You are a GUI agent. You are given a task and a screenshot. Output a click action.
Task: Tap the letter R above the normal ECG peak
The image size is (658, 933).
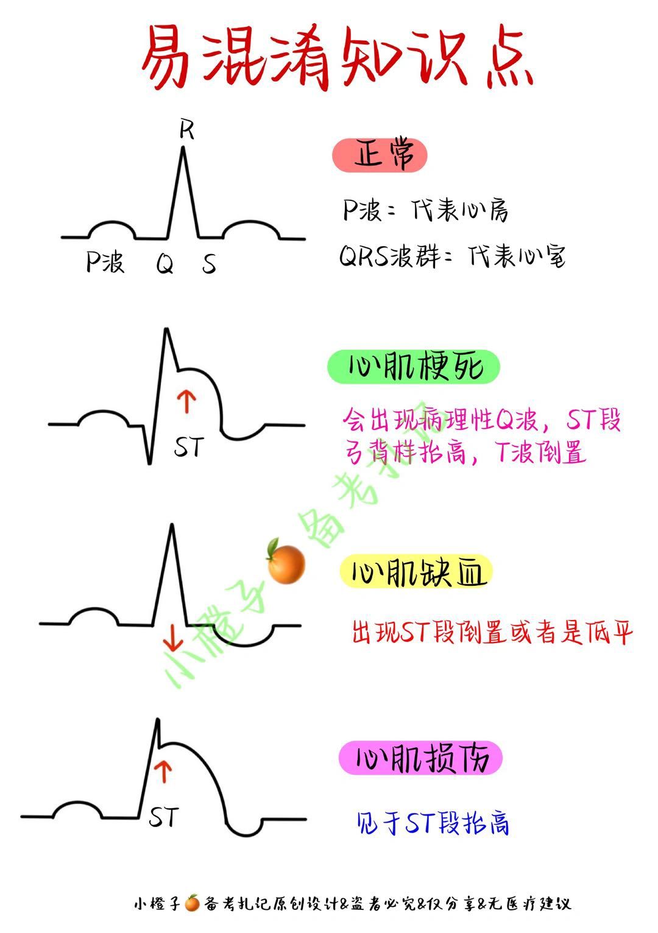point(186,129)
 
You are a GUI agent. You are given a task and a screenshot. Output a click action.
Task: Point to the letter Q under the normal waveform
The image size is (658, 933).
point(164,264)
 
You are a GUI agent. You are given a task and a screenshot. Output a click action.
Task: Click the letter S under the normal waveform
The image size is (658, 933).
point(209,264)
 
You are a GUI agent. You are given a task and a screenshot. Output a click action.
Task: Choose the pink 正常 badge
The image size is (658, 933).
point(380,155)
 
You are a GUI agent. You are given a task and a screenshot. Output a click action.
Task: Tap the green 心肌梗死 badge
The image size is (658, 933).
point(414,367)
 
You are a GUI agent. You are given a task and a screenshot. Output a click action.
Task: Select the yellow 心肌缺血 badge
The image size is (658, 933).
point(416,572)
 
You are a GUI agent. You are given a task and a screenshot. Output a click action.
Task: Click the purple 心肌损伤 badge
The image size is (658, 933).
point(420,758)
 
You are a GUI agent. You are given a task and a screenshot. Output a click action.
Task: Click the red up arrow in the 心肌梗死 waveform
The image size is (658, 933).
point(186,403)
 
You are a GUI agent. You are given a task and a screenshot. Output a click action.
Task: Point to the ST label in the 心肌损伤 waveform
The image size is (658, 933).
point(164,817)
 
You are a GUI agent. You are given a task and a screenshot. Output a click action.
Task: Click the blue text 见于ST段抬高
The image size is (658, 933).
point(433,823)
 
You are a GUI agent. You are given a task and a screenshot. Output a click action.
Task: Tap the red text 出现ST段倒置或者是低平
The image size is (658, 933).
point(492,633)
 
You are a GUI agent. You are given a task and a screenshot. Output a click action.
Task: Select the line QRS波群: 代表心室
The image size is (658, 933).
point(452,256)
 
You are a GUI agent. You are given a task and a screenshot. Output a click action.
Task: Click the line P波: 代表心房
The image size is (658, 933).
point(425,211)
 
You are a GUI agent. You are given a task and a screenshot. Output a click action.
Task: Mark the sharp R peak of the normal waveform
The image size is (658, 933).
point(183,150)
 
